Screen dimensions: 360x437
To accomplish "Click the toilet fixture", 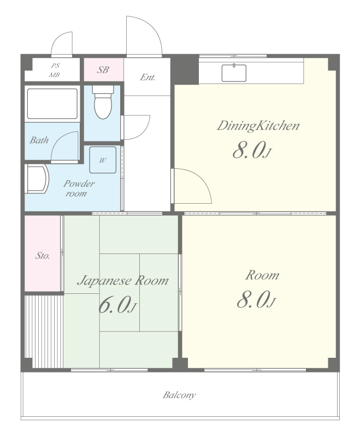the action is [103, 102].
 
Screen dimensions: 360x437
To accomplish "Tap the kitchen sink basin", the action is [234, 73].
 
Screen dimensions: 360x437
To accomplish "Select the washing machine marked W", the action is [103, 160].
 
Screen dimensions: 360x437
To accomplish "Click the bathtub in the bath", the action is [52, 104].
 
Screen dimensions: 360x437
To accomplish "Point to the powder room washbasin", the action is [37, 179].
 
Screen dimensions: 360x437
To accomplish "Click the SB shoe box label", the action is [103, 70].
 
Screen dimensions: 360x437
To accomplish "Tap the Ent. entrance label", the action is [147, 77].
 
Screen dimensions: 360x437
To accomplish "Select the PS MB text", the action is [55, 70].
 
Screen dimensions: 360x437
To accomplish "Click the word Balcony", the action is [179, 395].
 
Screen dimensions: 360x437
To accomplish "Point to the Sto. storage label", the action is [43, 256].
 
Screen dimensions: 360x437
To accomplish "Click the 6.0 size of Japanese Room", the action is [117, 304].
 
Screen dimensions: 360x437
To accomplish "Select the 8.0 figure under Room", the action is [256, 299].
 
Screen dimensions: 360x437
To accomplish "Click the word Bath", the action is [39, 140].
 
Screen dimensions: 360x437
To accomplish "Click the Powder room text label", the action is [79, 188].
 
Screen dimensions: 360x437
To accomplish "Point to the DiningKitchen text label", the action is [258, 126].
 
